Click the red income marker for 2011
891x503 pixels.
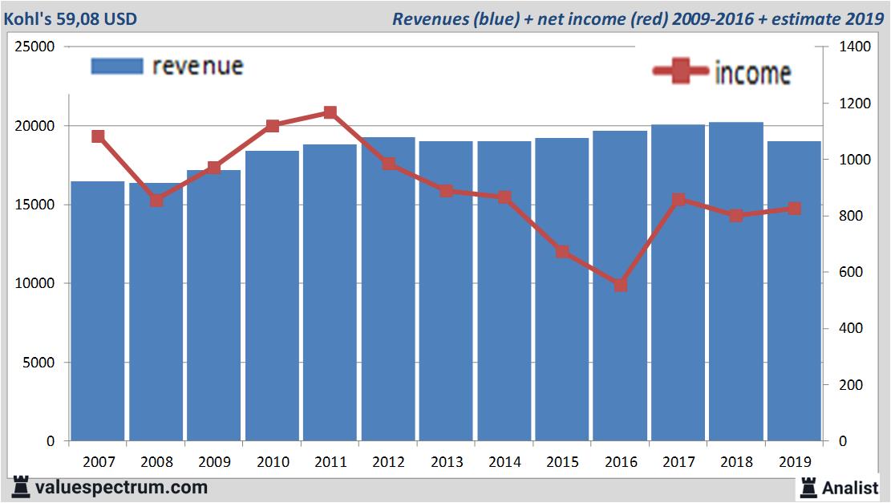[330, 113]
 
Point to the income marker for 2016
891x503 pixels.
[620, 285]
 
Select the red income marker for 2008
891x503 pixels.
[156, 200]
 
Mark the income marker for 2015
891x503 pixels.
[562, 252]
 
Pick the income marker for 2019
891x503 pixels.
[794, 209]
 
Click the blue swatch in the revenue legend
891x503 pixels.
[117, 66]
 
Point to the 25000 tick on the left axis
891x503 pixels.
[35, 47]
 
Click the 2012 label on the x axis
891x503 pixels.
[388, 462]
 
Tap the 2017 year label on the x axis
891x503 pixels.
[678, 462]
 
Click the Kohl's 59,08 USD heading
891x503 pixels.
[70, 18]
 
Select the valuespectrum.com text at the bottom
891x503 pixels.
[121, 487]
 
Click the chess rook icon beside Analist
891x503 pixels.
[808, 487]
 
